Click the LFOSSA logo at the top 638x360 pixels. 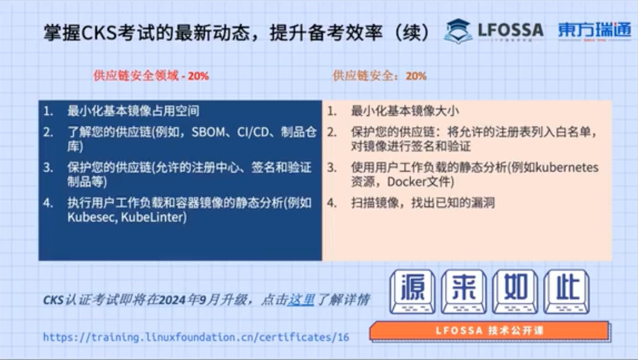point(494,31)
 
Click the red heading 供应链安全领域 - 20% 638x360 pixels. point(151,76)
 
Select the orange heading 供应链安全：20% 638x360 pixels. point(379,76)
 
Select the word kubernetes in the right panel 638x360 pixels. point(567,167)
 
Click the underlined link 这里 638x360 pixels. point(301,300)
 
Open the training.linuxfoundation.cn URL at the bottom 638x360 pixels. point(196,338)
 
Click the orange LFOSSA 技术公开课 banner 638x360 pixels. point(489,331)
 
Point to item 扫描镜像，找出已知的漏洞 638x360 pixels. point(422,203)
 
